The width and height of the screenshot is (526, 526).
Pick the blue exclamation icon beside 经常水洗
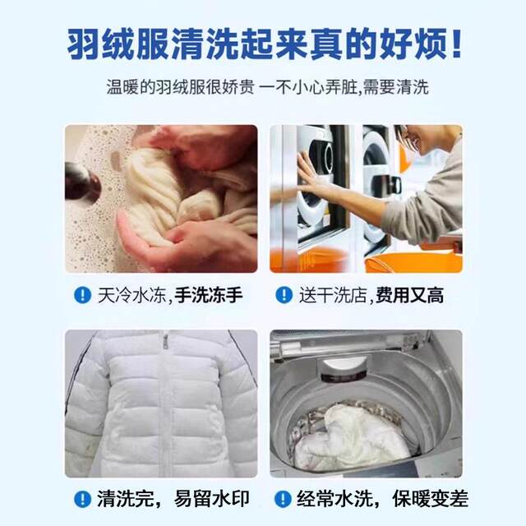(284, 499)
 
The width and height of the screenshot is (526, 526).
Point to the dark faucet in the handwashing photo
(81, 182)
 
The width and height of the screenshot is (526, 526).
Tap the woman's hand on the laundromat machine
(308, 177)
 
